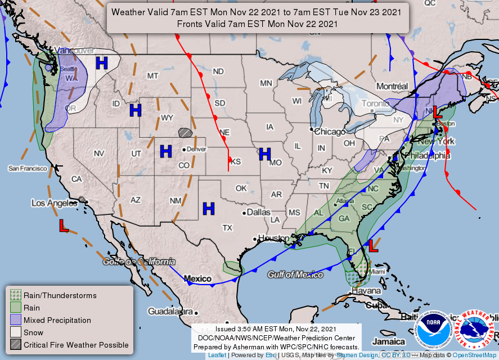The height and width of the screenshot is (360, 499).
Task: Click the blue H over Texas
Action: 209,209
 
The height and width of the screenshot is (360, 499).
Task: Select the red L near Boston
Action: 436,111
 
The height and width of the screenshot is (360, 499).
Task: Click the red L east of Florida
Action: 373,245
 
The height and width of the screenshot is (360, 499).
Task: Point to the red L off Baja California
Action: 64,226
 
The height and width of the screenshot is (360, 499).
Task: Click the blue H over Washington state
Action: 102,62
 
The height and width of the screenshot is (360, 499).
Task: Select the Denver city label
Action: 196,149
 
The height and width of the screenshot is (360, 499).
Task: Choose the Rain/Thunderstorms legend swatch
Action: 15,295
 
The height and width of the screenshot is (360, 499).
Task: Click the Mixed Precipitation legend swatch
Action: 15,320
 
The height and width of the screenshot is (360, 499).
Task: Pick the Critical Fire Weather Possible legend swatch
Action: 15,345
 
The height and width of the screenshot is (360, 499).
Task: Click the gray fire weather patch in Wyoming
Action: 185,132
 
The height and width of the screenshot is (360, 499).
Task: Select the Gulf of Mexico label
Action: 295,274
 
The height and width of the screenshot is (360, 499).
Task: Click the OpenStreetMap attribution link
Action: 475,355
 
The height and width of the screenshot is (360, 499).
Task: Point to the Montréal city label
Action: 392,86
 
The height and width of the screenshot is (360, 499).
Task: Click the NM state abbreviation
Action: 176,200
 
